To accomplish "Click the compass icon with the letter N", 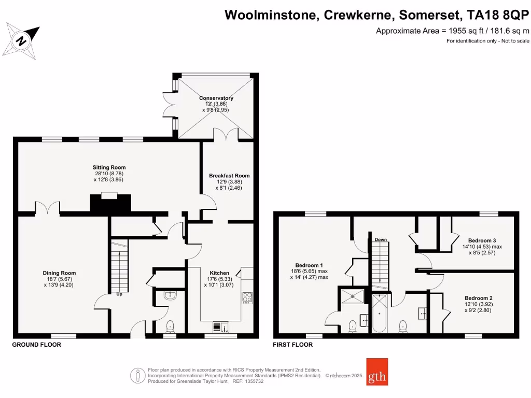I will [x=22, y=41].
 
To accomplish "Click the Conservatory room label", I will [x=216, y=98].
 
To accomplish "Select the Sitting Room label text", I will [x=109, y=167].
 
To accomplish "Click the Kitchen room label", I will [x=219, y=273].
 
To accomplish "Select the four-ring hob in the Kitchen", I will [x=247, y=297].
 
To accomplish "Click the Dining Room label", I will [x=59, y=273].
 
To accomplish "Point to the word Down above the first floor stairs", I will [x=381, y=239].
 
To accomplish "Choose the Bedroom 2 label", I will [x=478, y=298].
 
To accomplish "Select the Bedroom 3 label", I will [x=482, y=240].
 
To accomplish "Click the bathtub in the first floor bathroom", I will [x=380, y=314].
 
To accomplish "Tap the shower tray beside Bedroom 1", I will [x=353, y=296].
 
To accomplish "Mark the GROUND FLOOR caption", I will [x=36, y=345].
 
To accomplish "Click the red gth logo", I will [x=377, y=372].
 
